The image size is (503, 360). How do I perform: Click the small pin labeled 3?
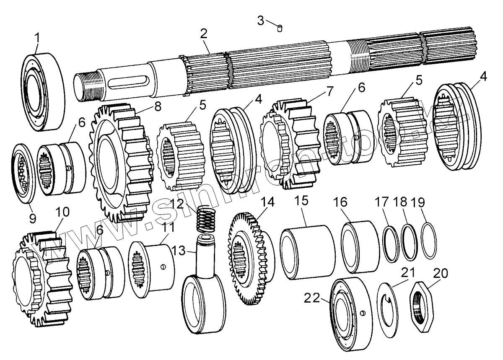click(280, 28)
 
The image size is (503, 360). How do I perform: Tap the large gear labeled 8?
click(122, 163)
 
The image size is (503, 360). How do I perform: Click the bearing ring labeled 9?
click(22, 171)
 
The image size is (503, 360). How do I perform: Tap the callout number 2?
click(204, 34)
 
